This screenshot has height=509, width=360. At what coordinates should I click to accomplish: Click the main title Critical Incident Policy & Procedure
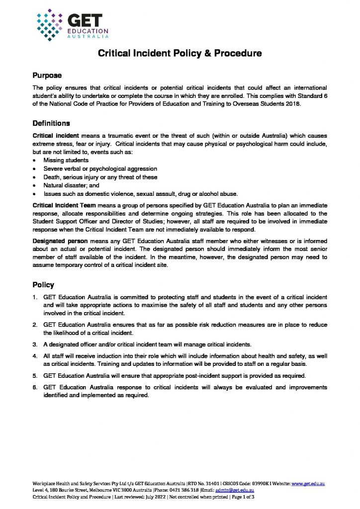coord(180,54)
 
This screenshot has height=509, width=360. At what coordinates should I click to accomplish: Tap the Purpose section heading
coord(47,76)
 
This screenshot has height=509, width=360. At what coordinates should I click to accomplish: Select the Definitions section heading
coord(51,123)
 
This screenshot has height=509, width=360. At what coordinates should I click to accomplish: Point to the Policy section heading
coord(43,285)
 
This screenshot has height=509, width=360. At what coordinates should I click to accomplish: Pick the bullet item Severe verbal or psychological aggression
coord(100,169)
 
